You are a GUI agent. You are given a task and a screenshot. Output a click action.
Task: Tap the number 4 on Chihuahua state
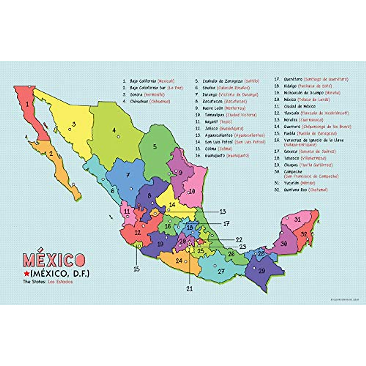[x=114, y=130]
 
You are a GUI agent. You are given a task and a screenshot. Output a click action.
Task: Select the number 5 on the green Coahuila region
[x=155, y=147]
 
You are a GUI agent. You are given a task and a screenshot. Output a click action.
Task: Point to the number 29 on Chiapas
[x=262, y=271]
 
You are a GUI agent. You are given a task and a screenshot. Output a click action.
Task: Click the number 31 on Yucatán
[x=297, y=219]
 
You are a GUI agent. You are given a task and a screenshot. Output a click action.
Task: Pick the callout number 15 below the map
[x=137, y=269]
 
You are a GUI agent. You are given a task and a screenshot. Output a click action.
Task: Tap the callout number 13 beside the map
[x=223, y=212]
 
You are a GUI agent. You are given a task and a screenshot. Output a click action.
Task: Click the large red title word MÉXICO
[x=54, y=260]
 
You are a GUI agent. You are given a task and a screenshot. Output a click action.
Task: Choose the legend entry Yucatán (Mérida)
[x=295, y=183]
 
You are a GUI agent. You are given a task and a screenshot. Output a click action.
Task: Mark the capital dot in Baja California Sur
[x=74, y=184]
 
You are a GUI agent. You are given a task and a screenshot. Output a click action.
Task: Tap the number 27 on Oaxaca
[x=221, y=271]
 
